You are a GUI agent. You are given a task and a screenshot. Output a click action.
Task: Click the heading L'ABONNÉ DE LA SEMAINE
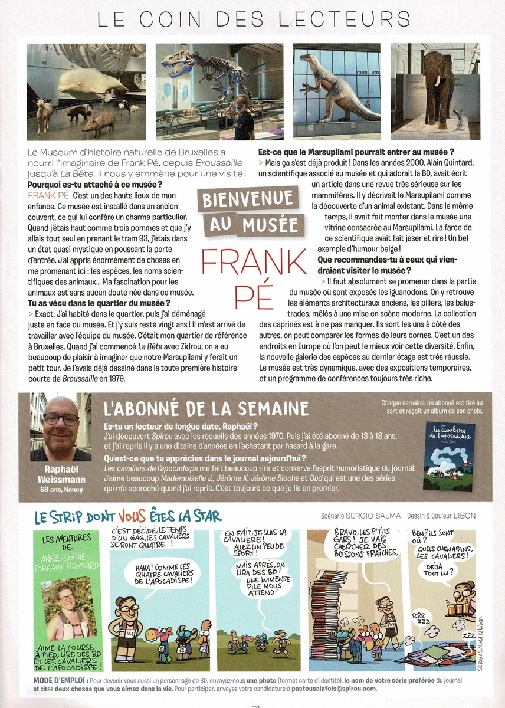206,408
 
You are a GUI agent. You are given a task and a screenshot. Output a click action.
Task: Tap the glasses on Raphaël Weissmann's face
60,419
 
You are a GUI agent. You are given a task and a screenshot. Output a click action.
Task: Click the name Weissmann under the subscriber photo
61,480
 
